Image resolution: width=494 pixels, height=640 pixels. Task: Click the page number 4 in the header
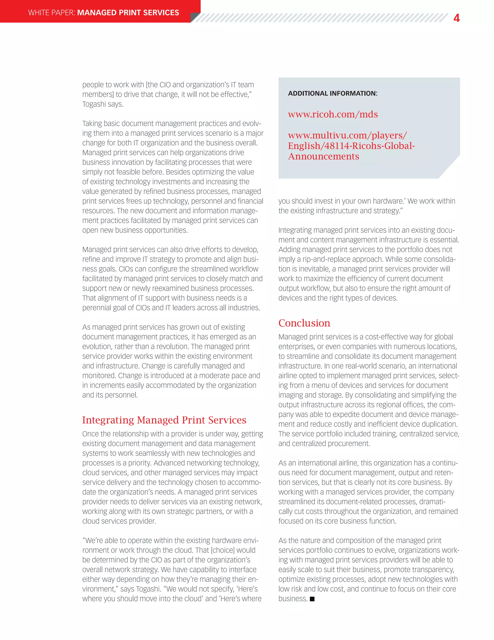(456, 18)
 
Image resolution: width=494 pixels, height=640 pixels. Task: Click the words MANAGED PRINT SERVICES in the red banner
(128, 13)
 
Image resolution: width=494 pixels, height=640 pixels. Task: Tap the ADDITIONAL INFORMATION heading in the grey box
(333, 93)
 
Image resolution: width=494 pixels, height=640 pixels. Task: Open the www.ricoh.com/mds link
(333, 114)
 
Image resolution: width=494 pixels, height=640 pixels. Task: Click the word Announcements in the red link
(323, 156)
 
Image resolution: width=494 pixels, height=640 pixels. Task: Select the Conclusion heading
(304, 323)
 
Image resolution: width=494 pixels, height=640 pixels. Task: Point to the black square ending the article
(312, 599)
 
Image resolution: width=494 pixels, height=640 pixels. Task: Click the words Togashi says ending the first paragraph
(103, 104)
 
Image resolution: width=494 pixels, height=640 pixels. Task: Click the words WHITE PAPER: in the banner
(52, 13)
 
